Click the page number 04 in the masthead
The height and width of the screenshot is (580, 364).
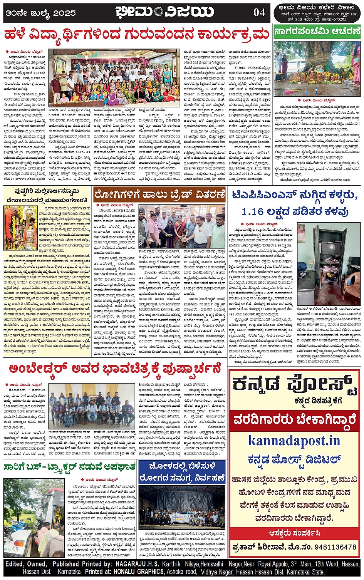[259, 13]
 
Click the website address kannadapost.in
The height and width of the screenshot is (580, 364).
[294, 440]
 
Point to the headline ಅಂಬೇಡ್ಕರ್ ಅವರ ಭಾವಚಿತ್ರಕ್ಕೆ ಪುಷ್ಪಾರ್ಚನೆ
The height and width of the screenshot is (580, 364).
[115, 369]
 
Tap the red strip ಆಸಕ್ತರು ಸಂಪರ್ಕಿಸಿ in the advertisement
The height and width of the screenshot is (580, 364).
[294, 533]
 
